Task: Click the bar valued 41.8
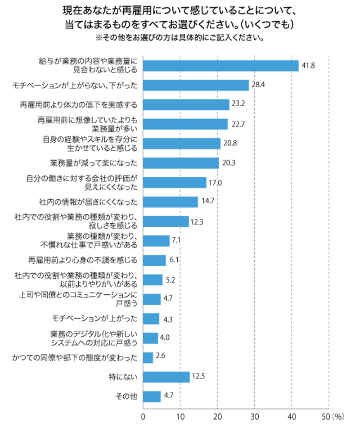click(220, 66)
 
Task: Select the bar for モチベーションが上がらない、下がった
click(196, 85)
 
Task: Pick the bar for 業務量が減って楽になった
click(181, 163)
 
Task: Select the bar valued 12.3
click(166, 221)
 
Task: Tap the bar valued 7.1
click(156, 241)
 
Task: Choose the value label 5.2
click(170, 280)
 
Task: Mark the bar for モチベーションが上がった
click(151, 319)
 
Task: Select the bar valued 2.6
click(148, 357)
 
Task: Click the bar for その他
click(152, 396)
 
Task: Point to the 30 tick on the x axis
click(255, 417)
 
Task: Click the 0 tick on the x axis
click(143, 417)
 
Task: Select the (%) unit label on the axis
click(338, 417)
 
